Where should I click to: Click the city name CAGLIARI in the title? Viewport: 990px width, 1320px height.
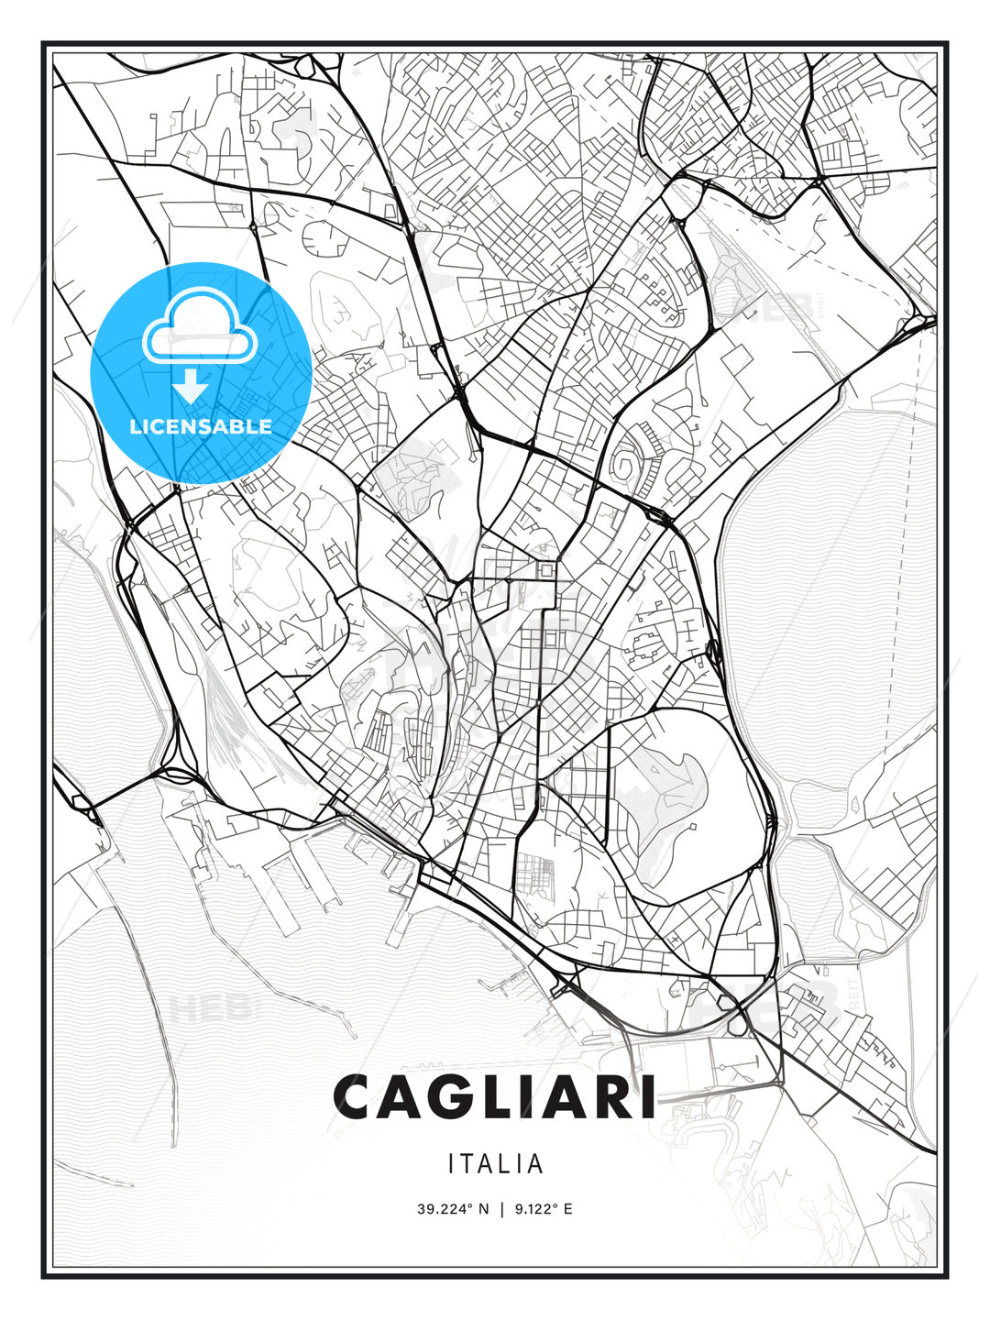[x=495, y=1096]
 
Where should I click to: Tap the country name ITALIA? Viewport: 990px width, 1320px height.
[x=495, y=1164]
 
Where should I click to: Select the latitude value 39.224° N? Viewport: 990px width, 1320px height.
[x=453, y=1209]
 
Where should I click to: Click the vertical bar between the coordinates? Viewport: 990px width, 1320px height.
[x=501, y=1209]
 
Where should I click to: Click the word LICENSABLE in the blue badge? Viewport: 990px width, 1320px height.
[x=201, y=426]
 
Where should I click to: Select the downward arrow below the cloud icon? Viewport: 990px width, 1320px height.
[x=192, y=387]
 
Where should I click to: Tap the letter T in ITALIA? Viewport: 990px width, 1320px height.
[x=471, y=1164]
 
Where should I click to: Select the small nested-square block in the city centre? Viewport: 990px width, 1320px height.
[x=547, y=571]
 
